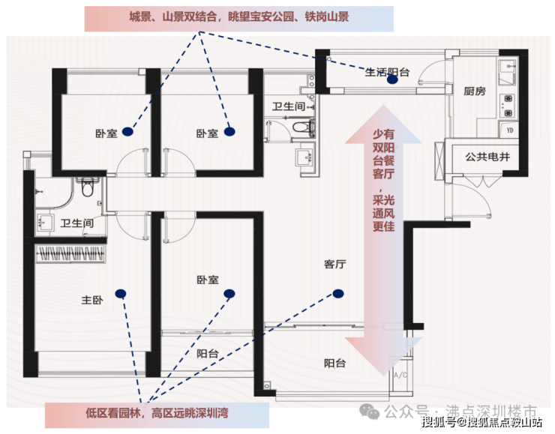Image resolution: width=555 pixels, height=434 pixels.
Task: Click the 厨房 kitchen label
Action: (474, 91)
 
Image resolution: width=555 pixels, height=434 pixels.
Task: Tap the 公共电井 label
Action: (487, 157)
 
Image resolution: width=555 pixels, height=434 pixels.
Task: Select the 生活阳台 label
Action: (387, 72)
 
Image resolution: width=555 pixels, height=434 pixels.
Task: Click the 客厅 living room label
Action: (334, 264)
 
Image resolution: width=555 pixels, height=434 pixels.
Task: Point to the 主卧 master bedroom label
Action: (92, 300)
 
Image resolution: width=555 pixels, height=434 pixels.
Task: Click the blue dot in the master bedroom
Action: (121, 294)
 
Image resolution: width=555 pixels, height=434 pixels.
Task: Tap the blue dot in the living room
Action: (338, 294)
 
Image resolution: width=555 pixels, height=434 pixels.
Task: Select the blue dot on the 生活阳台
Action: (392, 79)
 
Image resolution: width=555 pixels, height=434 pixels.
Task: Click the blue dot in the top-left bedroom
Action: (127, 132)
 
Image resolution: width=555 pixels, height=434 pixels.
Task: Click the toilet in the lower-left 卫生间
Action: (87, 187)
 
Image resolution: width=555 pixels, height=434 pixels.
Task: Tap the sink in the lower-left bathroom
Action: (45, 223)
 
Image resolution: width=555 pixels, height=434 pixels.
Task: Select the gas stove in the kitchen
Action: (507, 106)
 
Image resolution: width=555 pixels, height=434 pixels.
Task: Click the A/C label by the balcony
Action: (400, 375)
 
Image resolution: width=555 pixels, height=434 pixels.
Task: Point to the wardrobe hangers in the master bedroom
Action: (70, 253)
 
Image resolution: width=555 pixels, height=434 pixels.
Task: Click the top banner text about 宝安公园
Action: (239, 16)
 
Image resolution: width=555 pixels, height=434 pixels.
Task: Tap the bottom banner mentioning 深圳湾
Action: (157, 413)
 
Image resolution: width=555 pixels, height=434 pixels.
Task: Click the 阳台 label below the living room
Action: (334, 363)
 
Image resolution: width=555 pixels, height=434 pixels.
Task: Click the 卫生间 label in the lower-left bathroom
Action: (76, 223)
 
